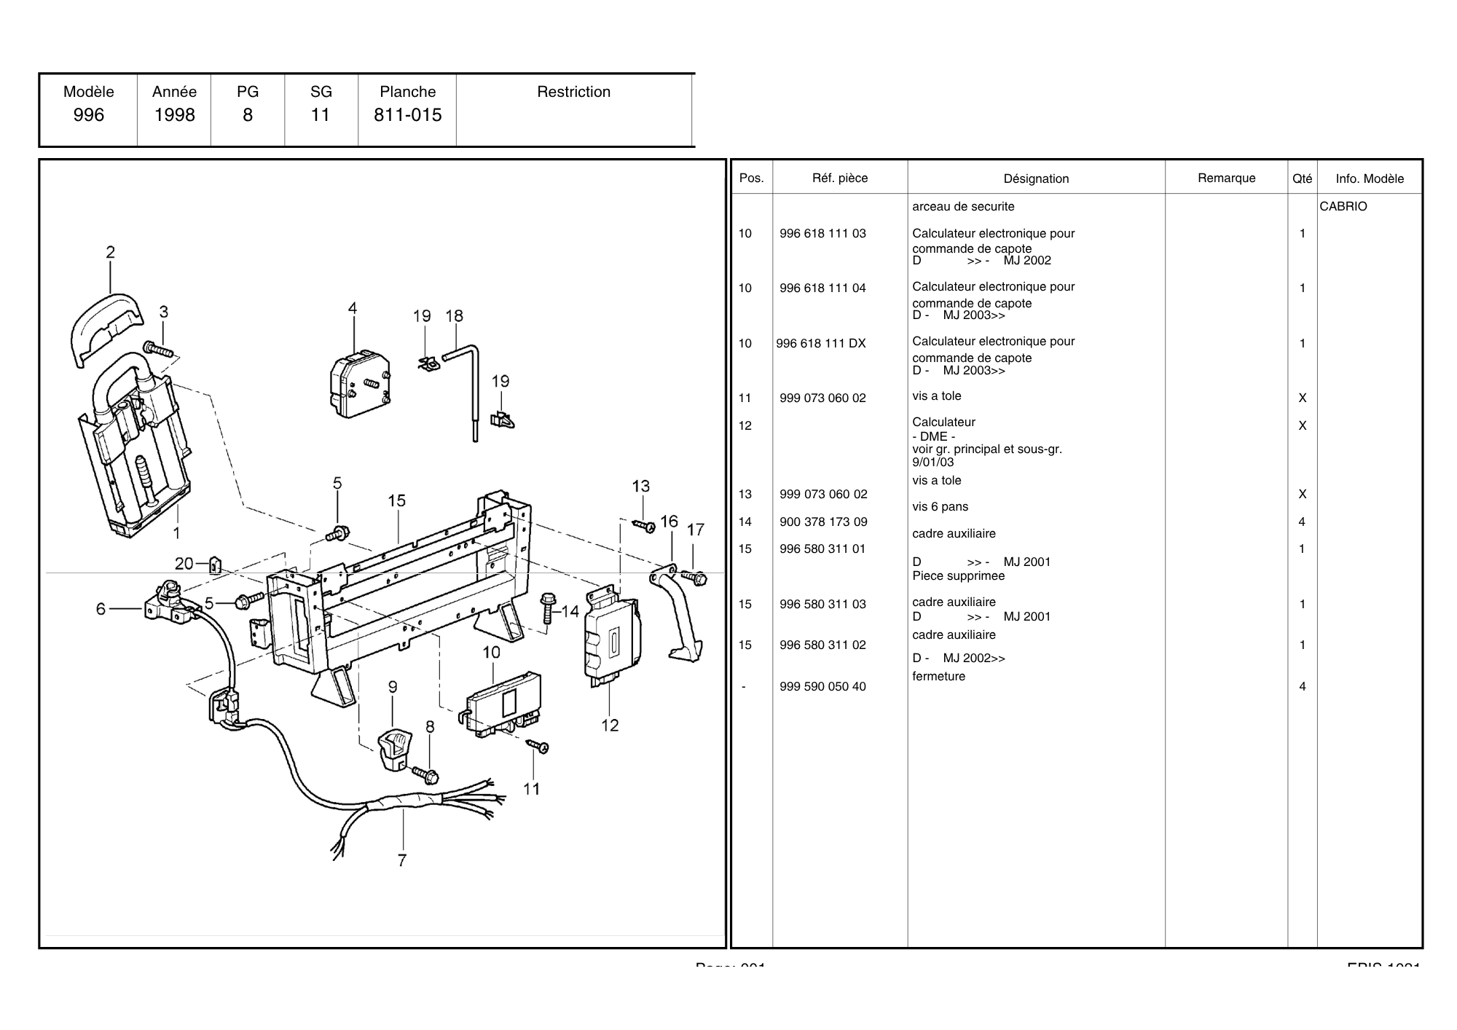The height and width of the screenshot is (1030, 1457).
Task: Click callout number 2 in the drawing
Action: pyautogui.click(x=110, y=253)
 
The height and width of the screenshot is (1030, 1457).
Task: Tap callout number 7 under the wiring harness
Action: pyautogui.click(x=401, y=860)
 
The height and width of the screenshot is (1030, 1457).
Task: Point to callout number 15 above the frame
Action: pyautogui.click(x=396, y=501)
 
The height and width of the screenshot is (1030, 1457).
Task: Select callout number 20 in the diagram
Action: pyautogui.click(x=184, y=563)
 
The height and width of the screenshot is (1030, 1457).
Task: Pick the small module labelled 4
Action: pyautogui.click(x=359, y=385)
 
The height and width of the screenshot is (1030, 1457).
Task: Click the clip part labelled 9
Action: pyautogui.click(x=394, y=749)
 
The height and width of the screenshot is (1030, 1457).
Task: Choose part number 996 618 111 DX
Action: pyautogui.click(x=821, y=343)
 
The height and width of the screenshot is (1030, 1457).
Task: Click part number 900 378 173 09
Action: pyautogui.click(x=823, y=522)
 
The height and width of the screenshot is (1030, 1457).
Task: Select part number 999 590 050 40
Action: pyautogui.click(x=822, y=686)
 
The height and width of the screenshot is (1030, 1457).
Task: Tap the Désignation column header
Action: pyautogui.click(x=1036, y=178)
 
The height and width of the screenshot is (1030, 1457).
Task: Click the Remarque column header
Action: pyautogui.click(x=1226, y=178)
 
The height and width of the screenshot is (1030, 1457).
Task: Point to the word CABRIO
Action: pyautogui.click(x=1343, y=206)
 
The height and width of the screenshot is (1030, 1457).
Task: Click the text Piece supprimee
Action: pyautogui.click(x=958, y=575)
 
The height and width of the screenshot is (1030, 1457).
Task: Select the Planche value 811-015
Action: pyautogui.click(x=407, y=115)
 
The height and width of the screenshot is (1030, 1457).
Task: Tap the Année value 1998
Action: pyautogui.click(x=174, y=115)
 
